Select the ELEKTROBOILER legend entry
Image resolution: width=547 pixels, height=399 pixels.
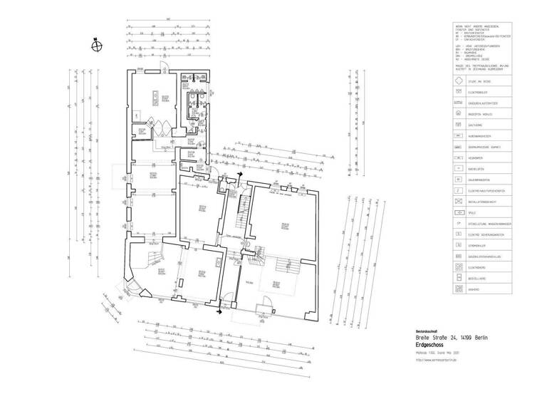[479, 93]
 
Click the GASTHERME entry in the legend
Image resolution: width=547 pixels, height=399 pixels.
[475, 125]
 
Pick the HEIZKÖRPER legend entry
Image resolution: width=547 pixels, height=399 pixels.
[476, 157]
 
